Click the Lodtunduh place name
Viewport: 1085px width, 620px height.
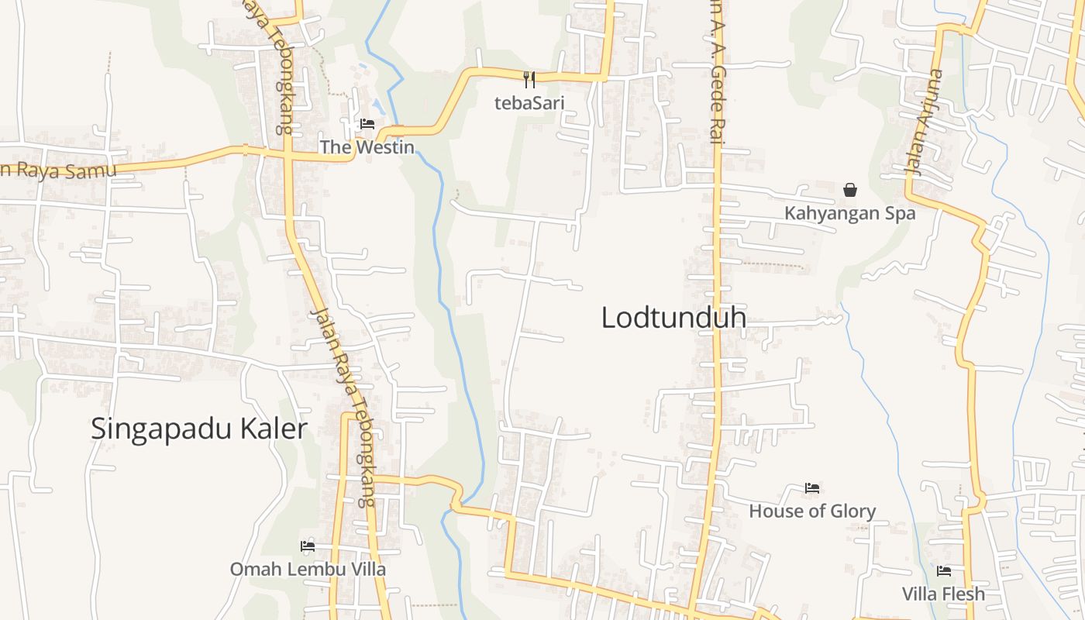pos(673,318)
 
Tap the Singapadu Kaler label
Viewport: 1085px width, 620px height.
pos(199,429)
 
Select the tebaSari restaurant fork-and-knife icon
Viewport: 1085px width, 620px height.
pos(529,78)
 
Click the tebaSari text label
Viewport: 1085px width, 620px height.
pos(529,102)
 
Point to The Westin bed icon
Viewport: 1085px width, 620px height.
pos(367,124)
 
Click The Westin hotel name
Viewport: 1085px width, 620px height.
pos(367,146)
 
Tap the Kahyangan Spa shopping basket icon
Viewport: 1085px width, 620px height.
pos(850,190)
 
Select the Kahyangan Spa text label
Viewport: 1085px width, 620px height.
pos(850,213)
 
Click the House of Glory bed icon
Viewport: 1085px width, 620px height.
pos(812,488)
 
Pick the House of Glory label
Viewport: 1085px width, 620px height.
pos(812,511)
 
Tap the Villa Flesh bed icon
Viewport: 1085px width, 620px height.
pos(944,571)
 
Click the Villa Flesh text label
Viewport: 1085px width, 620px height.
pos(944,594)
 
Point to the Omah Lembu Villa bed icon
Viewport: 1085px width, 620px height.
pos(308,546)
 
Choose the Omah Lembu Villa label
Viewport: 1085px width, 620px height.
pos(308,569)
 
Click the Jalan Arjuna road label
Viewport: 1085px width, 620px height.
pos(924,122)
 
